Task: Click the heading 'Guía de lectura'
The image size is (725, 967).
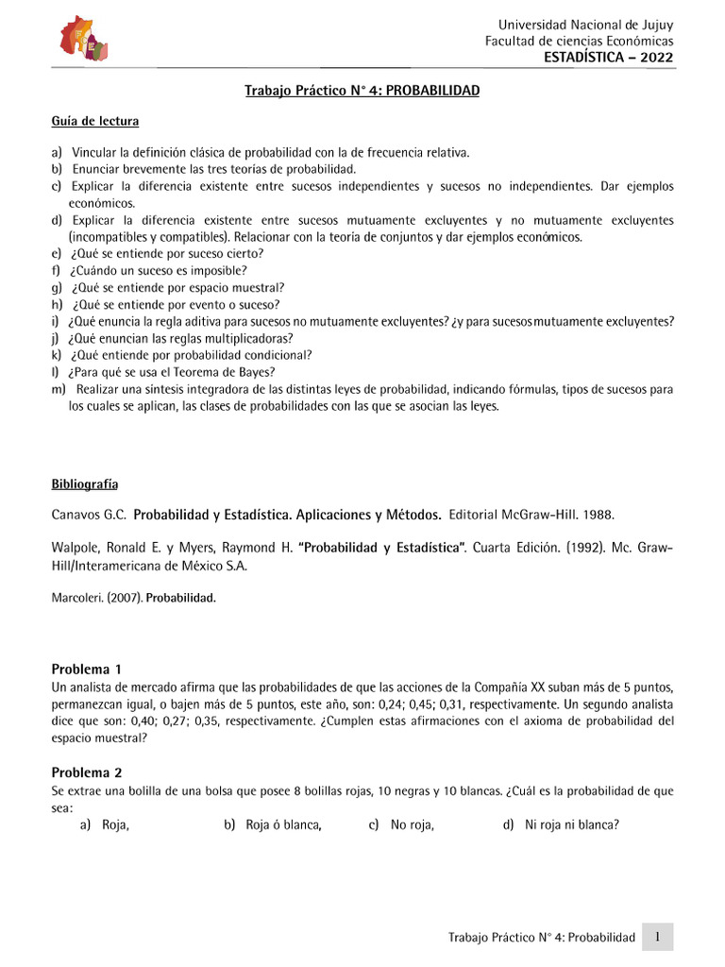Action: point(95,122)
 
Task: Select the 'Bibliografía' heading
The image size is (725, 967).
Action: point(85,484)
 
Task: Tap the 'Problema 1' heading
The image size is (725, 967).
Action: point(86,669)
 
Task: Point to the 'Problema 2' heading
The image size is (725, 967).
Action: point(86,772)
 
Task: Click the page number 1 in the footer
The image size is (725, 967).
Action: point(657,937)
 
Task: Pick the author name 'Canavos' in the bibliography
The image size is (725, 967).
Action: point(75,516)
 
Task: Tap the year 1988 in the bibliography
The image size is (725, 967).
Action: point(598,516)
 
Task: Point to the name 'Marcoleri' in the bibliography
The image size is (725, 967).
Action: point(76,597)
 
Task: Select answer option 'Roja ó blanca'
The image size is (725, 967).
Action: point(283,825)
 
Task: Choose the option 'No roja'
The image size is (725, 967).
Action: point(412,825)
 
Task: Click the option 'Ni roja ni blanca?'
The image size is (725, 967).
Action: point(572,825)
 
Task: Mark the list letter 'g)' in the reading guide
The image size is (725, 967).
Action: point(57,287)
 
